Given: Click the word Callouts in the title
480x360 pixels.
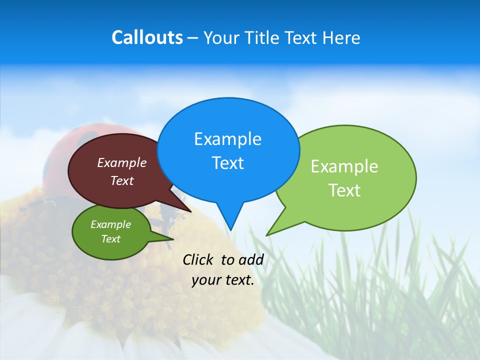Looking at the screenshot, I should coord(147,37).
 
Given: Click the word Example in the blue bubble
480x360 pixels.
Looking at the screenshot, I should coord(227,139).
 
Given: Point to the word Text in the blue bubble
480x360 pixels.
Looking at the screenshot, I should coord(227,163).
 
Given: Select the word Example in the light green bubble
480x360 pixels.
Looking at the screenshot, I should coord(344,166).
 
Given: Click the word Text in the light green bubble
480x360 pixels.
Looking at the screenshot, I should coord(344,190).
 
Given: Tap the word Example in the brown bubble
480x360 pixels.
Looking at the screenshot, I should coord(122,162).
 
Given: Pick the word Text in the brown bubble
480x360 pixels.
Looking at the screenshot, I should coord(122,180).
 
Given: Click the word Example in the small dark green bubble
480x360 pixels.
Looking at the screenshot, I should coord(111,224).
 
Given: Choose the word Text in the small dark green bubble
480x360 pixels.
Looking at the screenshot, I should coord(111,239).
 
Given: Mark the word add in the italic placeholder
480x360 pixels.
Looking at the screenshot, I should coord(251,259).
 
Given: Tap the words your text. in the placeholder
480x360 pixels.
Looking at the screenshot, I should coord(223,280).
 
